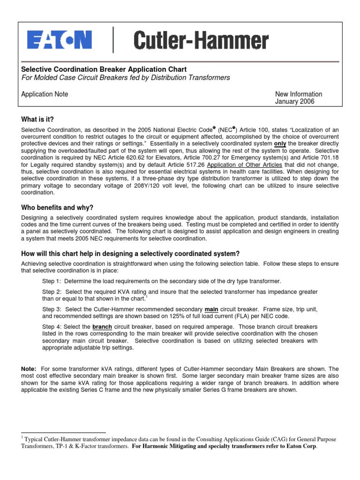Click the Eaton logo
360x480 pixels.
(59, 40)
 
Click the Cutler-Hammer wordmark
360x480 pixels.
(202, 41)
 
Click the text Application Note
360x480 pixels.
(45, 94)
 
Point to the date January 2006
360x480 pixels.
(294, 101)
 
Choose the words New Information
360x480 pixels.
(299, 94)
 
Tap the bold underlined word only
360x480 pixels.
(280, 143)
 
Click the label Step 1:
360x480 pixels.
(52, 281)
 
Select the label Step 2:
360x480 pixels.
(52, 292)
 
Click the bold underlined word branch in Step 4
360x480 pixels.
(102, 327)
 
